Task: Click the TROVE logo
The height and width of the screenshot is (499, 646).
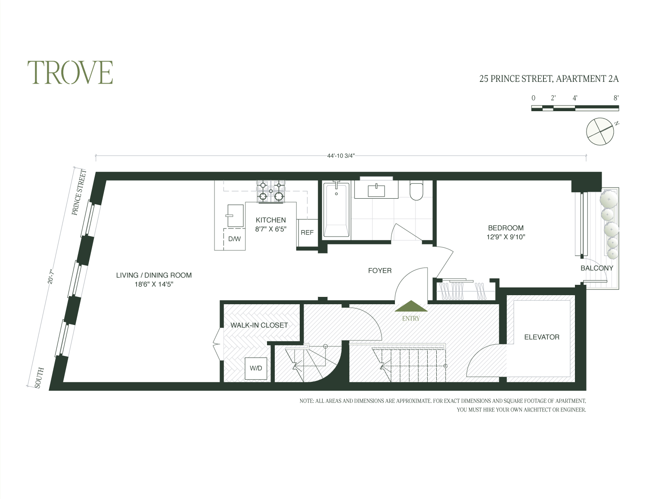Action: [70, 72]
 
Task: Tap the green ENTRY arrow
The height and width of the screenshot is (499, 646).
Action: [411, 306]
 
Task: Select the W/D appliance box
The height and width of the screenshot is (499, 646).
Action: [256, 368]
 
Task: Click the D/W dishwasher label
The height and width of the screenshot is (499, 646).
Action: [234, 239]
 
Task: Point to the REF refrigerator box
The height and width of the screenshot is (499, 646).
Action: [307, 233]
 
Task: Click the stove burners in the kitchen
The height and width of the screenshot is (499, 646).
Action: [271, 192]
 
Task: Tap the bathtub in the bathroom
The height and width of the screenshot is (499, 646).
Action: [336, 210]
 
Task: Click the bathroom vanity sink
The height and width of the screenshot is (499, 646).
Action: [376, 190]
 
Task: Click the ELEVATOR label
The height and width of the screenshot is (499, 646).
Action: [541, 337]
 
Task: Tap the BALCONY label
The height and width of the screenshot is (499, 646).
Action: [596, 268]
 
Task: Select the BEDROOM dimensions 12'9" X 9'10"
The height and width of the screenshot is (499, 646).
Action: [506, 237]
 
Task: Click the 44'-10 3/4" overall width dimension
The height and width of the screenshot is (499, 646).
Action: [340, 156]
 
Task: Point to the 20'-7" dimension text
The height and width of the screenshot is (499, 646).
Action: [51, 276]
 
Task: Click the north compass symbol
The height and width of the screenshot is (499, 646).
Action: [600, 131]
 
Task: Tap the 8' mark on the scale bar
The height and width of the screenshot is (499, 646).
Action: [616, 98]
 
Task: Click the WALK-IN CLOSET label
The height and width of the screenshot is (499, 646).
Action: [259, 325]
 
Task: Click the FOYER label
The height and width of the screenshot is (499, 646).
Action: [379, 271]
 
